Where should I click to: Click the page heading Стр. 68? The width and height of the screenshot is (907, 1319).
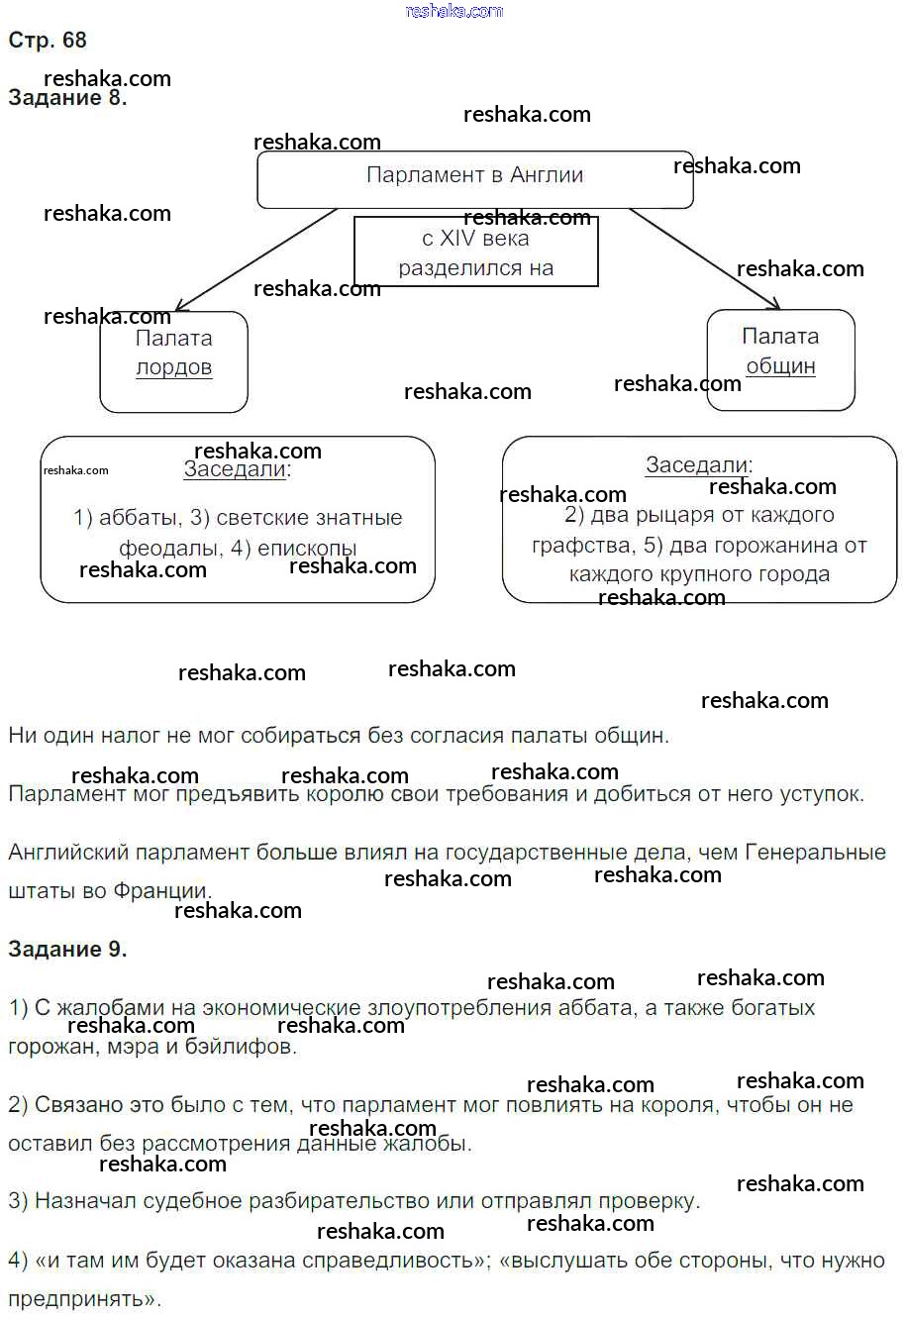tap(48, 40)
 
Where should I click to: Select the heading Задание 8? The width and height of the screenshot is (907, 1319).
tap(67, 97)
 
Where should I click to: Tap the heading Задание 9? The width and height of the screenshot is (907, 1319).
tap(67, 949)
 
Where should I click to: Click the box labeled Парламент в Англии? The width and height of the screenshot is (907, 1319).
tap(475, 179)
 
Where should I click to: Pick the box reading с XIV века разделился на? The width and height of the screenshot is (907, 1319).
tap(476, 252)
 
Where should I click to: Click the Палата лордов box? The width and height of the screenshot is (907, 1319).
tap(173, 362)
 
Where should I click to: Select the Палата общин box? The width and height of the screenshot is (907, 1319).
tap(780, 359)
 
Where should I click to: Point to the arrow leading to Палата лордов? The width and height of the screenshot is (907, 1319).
tap(256, 259)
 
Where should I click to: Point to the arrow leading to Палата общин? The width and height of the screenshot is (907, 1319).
tap(704, 258)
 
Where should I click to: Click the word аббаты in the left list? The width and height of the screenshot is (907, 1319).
tap(139, 518)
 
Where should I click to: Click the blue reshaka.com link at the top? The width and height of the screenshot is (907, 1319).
tap(454, 11)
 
